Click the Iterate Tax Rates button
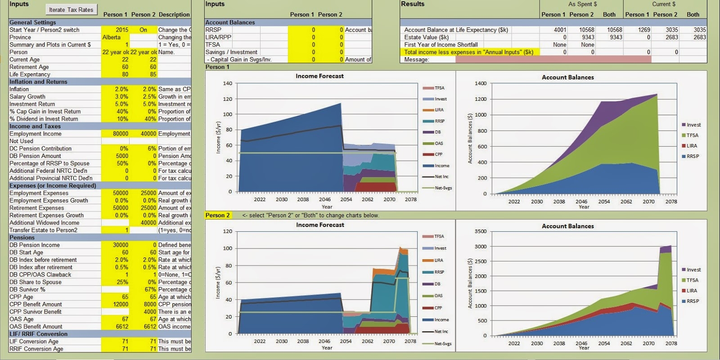pos(71,9)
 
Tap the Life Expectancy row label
pos(30,74)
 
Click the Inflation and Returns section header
pos(38,82)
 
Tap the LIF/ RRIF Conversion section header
pos(38,334)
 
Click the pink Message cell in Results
pos(553,59)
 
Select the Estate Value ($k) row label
pos(426,37)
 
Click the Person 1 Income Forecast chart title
pos(319,76)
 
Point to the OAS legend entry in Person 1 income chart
pos(438,144)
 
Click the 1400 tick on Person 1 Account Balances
pos(481,83)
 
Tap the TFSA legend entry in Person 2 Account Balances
pos(692,280)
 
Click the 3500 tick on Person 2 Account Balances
pos(481,231)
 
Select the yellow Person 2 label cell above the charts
pos(218,215)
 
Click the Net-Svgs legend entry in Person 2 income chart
pos(443,343)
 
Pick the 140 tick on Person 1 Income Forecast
pos(228,83)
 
